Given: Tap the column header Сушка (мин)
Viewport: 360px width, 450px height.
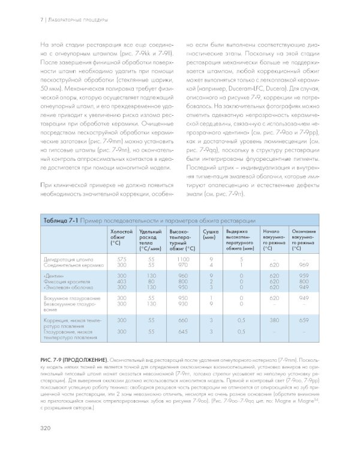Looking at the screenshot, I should point(211,234).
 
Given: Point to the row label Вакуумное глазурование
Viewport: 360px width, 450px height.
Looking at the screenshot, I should point(71,298).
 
